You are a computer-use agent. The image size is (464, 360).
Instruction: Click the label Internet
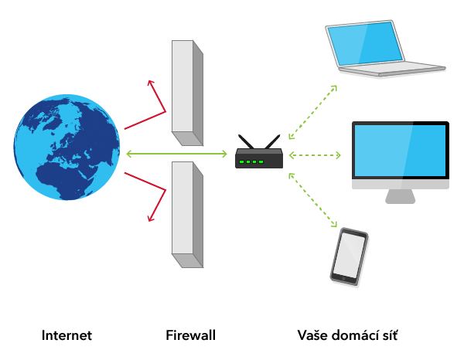click(67, 336)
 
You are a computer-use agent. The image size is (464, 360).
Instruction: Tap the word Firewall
click(190, 336)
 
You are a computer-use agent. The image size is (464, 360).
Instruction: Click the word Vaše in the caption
click(313, 336)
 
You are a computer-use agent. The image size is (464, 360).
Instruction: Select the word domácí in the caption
click(355, 336)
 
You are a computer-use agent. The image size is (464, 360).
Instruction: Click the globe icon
click(67, 147)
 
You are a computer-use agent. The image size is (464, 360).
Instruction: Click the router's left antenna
click(245, 142)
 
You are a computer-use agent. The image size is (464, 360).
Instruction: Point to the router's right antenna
click(271, 142)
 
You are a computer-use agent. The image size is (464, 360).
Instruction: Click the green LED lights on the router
click(251, 161)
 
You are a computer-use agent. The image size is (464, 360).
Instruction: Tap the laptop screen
click(363, 43)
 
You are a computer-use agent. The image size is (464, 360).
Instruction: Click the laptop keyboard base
click(394, 71)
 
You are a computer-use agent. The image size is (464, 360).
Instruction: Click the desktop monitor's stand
click(401, 196)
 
